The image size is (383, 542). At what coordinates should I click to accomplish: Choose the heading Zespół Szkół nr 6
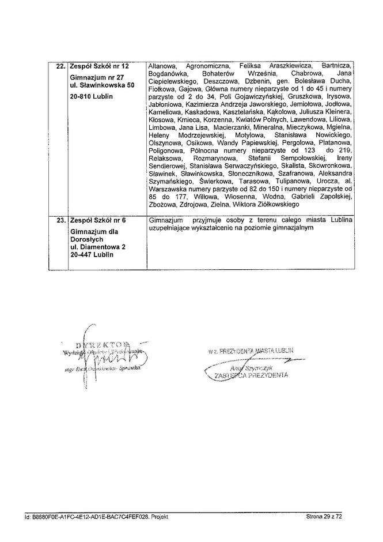pos(96,220)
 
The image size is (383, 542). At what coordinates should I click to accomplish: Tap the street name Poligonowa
pos(167,149)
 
